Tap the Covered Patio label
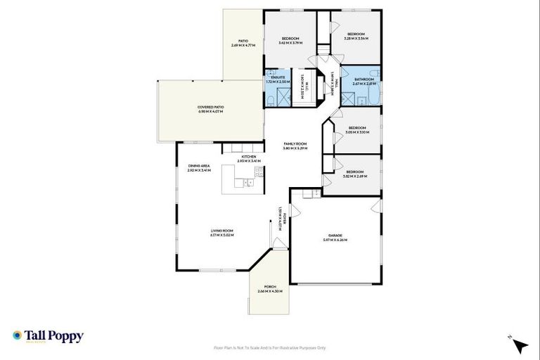[x=210, y=107]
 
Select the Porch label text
[x=270, y=287]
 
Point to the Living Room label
[x=221, y=231]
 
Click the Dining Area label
[x=199, y=166]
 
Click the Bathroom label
[x=363, y=79]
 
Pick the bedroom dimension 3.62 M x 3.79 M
[x=290, y=43]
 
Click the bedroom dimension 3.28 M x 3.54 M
[x=356, y=39]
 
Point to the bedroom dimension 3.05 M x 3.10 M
[x=357, y=132]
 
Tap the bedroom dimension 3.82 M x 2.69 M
[x=354, y=176]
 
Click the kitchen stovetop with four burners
[x=259, y=171]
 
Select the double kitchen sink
[x=248, y=184]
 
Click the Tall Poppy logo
[x=48, y=336]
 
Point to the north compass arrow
[x=520, y=346]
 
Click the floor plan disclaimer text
[x=270, y=347]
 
